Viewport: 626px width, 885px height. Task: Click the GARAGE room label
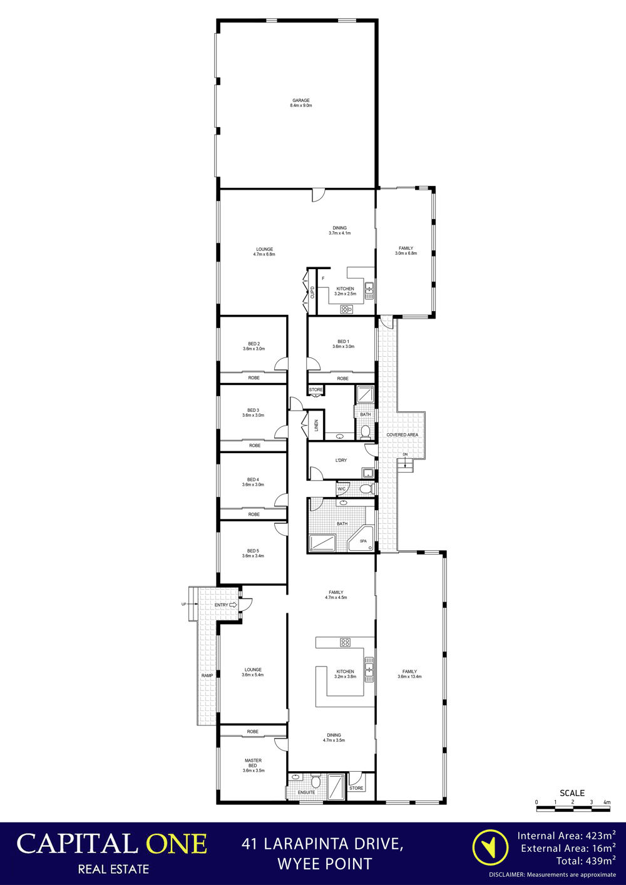coord(300,100)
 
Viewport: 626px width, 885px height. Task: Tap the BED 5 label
coord(253,551)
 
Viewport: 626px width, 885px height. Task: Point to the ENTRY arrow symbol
coord(233,605)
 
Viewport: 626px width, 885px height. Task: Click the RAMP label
coord(207,675)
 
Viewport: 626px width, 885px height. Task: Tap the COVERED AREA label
coord(402,434)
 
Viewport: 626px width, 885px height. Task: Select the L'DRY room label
coord(341,460)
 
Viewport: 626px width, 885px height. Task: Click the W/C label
coord(341,489)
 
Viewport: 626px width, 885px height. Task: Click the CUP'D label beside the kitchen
coord(312,292)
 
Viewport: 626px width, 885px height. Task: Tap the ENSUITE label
coord(306,792)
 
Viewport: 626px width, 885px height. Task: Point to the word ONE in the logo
coord(177,844)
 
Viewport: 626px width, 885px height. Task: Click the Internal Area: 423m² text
coord(567,836)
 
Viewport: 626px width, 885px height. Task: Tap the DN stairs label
coord(405,454)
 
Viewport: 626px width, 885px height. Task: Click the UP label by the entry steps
coord(183,604)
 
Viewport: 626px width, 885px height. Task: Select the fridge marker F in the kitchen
coord(323,278)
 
